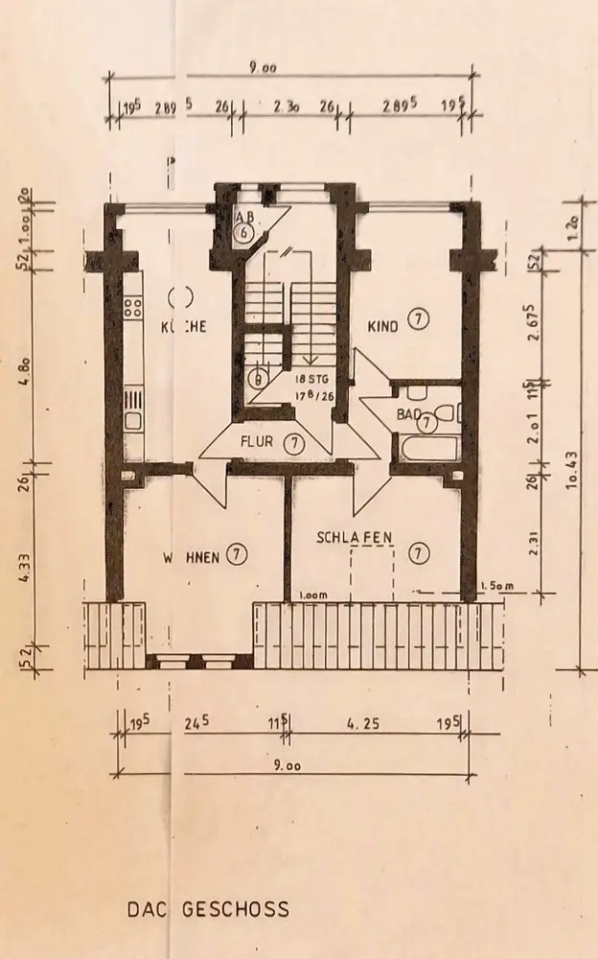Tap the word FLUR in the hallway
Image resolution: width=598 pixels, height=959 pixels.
pyautogui.click(x=259, y=443)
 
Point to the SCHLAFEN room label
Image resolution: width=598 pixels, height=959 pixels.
pyautogui.click(x=354, y=538)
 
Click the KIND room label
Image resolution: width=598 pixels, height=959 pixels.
pyautogui.click(x=383, y=327)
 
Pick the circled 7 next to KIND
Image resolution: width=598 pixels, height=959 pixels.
pyautogui.click(x=418, y=319)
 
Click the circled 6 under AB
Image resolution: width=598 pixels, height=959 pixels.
pyautogui.click(x=245, y=233)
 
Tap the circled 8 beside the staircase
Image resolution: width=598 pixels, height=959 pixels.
pyautogui.click(x=256, y=377)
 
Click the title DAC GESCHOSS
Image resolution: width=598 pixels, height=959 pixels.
pyautogui.click(x=208, y=908)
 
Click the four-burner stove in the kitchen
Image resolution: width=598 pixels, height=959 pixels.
pyautogui.click(x=133, y=307)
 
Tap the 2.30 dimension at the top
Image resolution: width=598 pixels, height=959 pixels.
pyautogui.click(x=287, y=108)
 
